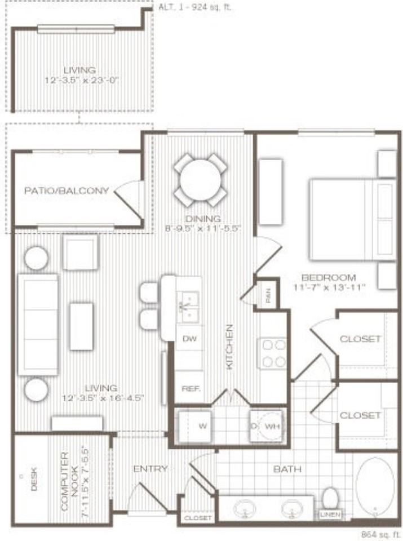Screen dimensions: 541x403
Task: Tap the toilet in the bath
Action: click(330, 500)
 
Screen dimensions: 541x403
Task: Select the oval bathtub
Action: click(374, 486)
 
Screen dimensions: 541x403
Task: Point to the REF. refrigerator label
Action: click(188, 389)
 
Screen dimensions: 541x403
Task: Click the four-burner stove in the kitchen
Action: click(273, 353)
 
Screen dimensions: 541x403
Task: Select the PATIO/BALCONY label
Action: click(67, 190)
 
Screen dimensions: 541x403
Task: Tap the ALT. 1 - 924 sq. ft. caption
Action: click(195, 8)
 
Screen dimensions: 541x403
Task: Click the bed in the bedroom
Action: click(351, 219)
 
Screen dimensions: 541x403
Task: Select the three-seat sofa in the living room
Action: click(38, 325)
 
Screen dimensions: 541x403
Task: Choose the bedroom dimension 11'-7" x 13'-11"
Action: click(329, 287)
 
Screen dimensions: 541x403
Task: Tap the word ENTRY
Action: click(150, 469)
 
